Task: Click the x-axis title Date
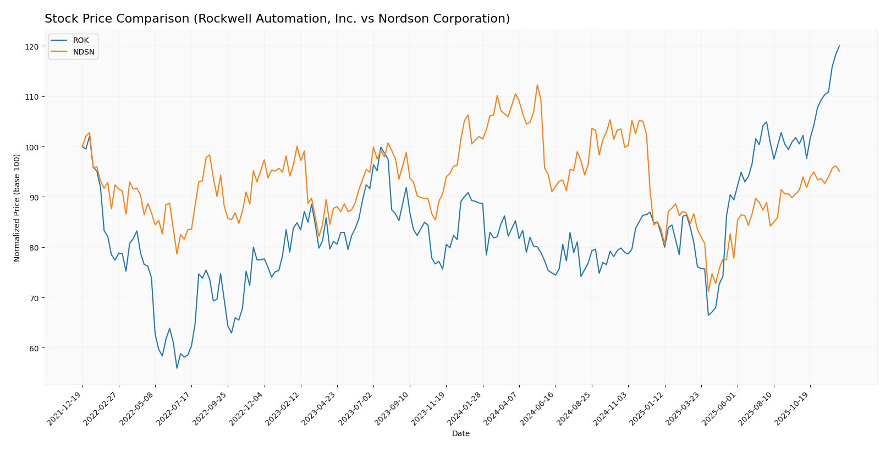(460, 434)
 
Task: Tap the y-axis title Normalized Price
(17, 208)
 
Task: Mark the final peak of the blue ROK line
(839, 46)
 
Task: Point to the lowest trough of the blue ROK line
(177, 368)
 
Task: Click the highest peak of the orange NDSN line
(537, 85)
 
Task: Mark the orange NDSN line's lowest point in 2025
(708, 292)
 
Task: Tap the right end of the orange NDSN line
(839, 171)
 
